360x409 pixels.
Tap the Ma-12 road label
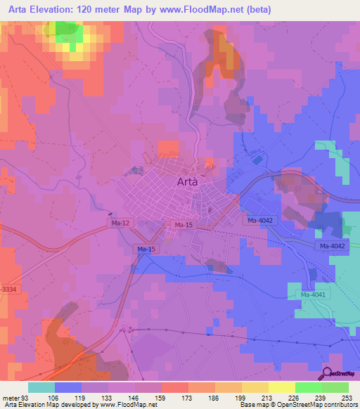[119, 223]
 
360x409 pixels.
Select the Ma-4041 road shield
[313, 295]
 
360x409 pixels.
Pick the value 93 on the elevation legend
[24, 397]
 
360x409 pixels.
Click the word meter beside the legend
[10, 397]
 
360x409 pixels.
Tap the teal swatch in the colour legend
[41, 387]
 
